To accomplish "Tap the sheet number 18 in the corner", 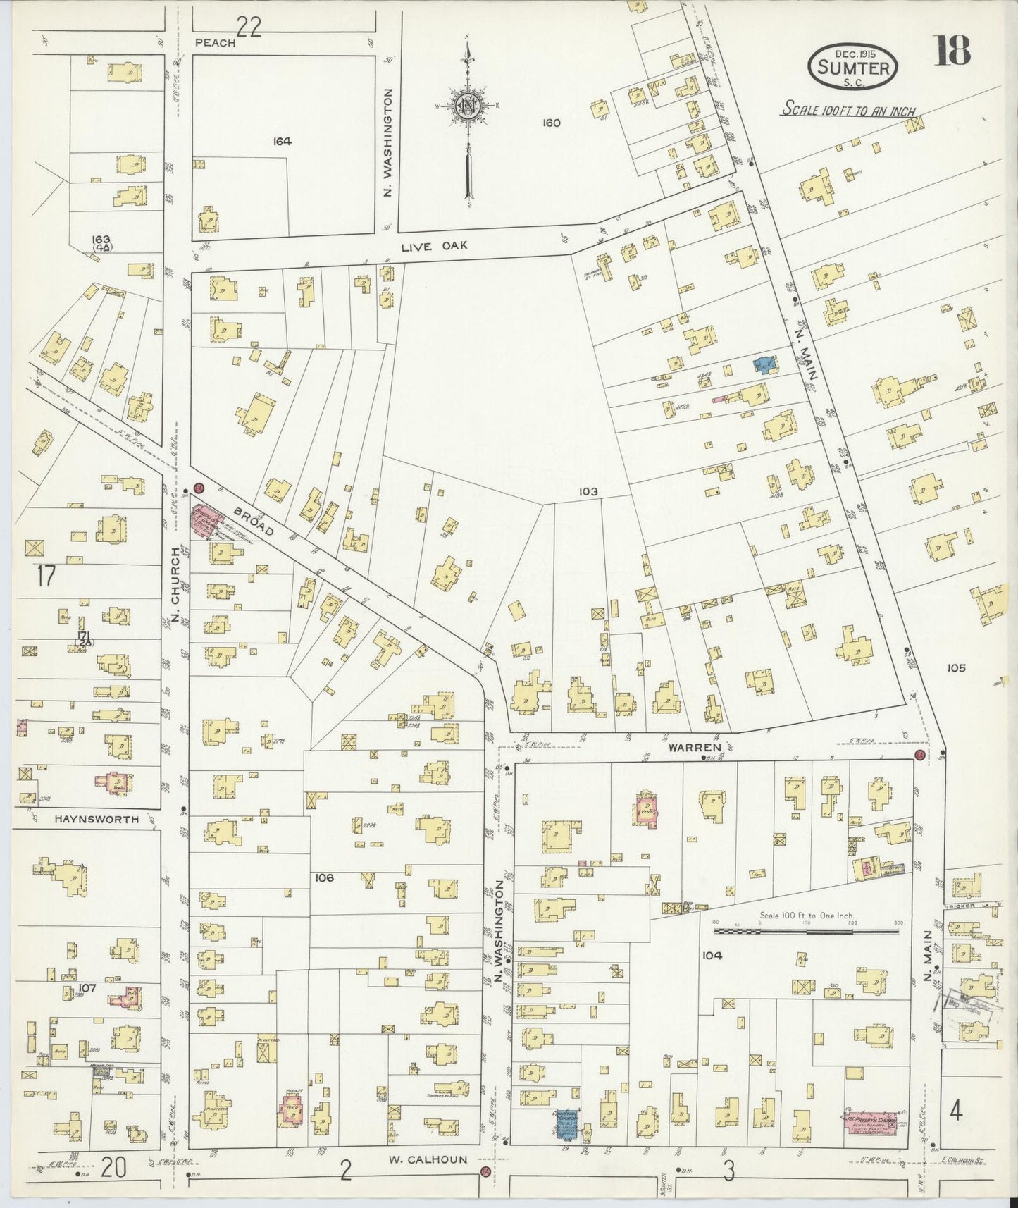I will tap(953, 51).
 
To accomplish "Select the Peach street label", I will tap(214, 42).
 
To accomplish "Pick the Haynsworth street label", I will tap(96, 820).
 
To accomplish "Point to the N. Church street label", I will tap(175, 573).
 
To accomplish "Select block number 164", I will tap(283, 141).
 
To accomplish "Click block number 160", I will tap(551, 123).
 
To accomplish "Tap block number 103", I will tap(588, 492).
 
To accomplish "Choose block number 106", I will tap(325, 878).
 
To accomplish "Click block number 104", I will tap(712, 956).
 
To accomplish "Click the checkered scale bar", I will tap(807, 931).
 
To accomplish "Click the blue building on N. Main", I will tap(764, 364).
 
